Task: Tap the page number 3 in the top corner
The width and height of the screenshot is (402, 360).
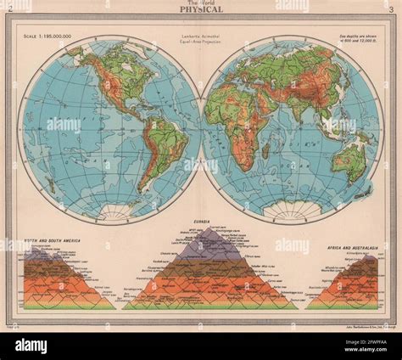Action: click(x=388, y=9)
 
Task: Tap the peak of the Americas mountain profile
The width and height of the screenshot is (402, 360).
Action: click(x=39, y=250)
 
